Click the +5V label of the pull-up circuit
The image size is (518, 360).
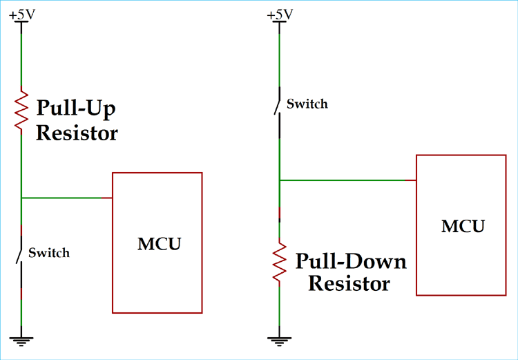pyautogui.click(x=21, y=14)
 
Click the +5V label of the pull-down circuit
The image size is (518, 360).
pyautogui.click(x=278, y=14)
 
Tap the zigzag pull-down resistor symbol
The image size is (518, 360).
pyautogui.click(x=279, y=261)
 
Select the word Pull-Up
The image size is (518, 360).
pyautogui.click(x=76, y=108)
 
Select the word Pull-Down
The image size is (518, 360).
pyautogui.click(x=351, y=262)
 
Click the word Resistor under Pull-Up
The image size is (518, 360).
pyautogui.click(x=77, y=133)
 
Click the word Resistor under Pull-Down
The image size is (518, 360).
pyautogui.click(x=349, y=283)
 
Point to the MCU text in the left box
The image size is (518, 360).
pyautogui.click(x=159, y=243)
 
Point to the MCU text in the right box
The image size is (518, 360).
pyautogui.click(x=463, y=226)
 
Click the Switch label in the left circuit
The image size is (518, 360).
pyautogui.click(x=49, y=253)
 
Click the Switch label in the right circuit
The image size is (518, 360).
pyautogui.click(x=307, y=104)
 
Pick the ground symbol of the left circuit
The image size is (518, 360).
pyautogui.click(x=21, y=338)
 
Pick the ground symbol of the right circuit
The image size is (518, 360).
pyautogui.click(x=279, y=338)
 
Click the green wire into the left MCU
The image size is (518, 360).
pyautogui.click(x=66, y=198)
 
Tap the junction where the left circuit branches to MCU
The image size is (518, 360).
pyautogui.click(x=21, y=198)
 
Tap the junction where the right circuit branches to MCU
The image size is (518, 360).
pyautogui.click(x=279, y=180)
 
